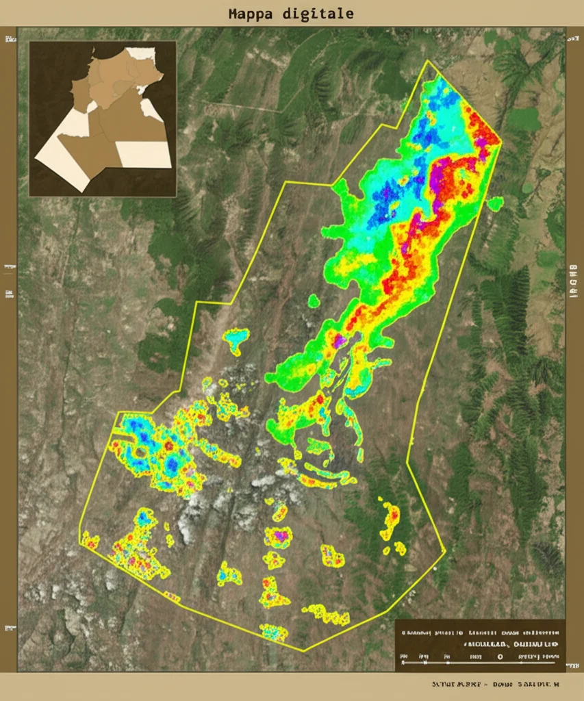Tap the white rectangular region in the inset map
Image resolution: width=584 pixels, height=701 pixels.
point(144,154)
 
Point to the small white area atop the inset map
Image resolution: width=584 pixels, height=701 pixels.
point(141,53)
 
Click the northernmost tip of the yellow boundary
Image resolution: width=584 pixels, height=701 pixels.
point(428,61)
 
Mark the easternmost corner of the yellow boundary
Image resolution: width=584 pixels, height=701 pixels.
point(501,143)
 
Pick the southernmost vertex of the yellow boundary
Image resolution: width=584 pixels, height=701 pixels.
point(304,651)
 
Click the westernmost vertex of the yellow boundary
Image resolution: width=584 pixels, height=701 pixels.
point(80,533)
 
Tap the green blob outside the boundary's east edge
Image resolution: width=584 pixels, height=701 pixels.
point(495,203)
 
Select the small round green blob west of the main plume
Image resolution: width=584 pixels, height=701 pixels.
point(314,301)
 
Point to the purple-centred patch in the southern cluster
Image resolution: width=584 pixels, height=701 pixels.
point(279,535)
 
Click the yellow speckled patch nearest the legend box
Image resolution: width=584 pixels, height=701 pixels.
point(327,614)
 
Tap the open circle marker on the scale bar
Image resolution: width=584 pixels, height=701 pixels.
point(500,656)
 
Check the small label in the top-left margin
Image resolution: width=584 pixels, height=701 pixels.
point(10,40)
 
